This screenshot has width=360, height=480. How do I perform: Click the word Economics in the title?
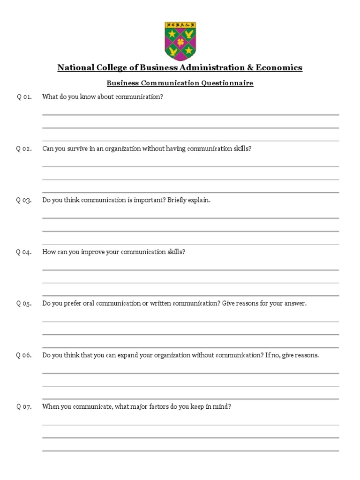(x=280, y=68)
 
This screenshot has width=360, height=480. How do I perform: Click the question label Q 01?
(x=24, y=97)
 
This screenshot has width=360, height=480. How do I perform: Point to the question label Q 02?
(x=24, y=149)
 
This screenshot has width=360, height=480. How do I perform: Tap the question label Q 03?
(x=24, y=200)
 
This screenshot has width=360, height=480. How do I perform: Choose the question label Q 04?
(x=24, y=252)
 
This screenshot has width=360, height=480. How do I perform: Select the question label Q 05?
(x=24, y=303)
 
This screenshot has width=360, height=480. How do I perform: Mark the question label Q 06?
(x=24, y=355)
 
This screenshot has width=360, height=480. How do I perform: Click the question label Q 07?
(x=24, y=406)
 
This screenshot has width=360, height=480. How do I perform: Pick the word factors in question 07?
(x=159, y=406)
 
